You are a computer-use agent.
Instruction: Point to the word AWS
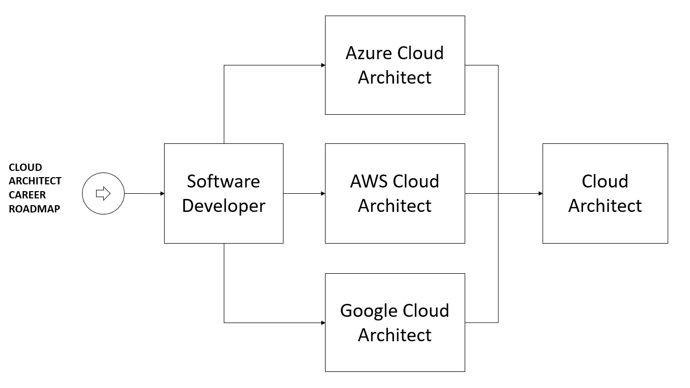pos(369,181)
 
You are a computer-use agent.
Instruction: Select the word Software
pos(223,181)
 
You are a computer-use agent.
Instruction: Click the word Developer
pos(223,206)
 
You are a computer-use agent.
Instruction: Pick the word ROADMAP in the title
pos(34,209)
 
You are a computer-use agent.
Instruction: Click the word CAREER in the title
pos(27,195)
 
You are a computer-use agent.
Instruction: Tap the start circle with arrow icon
pos(103,194)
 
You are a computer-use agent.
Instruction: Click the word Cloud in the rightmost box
pos(605,181)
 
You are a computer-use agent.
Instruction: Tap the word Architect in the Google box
pos(395,335)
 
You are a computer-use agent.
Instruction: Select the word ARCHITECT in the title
pos(35,181)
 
